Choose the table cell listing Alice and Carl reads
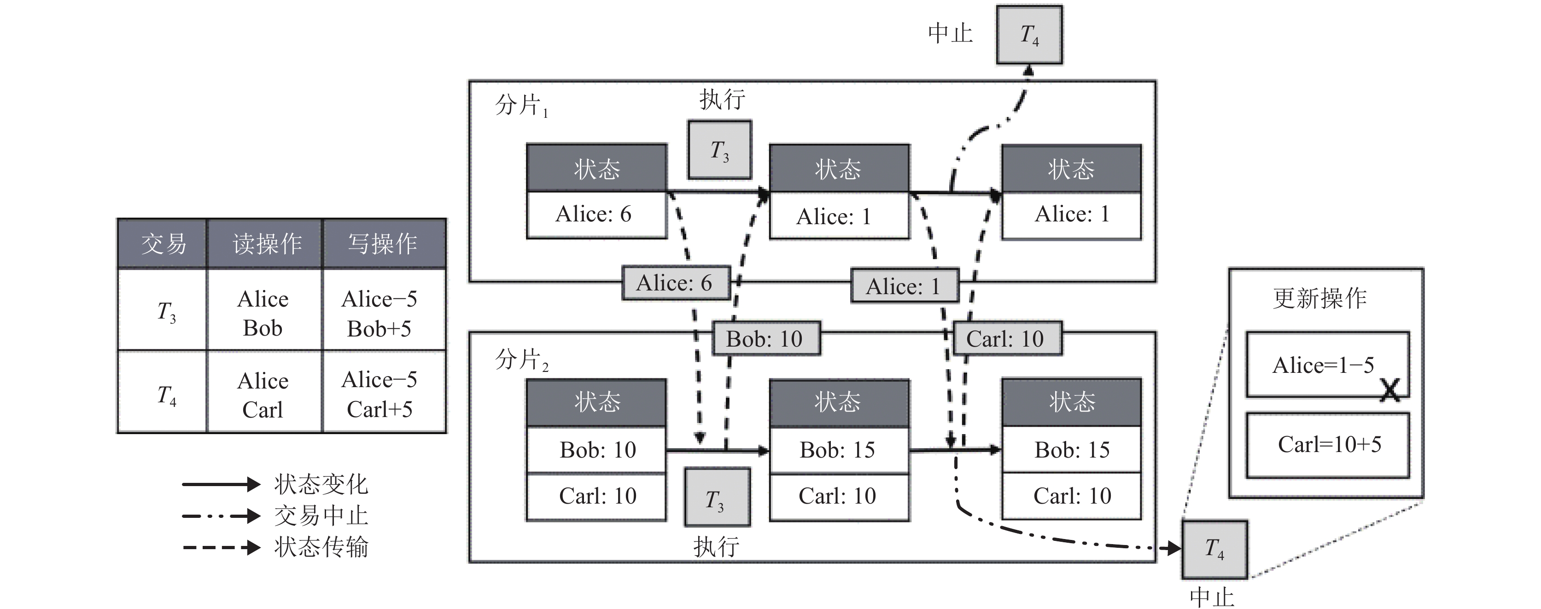click(x=263, y=394)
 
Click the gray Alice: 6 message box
click(x=675, y=283)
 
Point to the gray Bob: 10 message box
click(x=765, y=339)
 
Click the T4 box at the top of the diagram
click(x=1029, y=35)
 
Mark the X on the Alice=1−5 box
click(x=1391, y=390)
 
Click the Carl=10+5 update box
click(x=1328, y=445)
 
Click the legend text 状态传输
click(x=321, y=547)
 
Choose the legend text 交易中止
click(x=321, y=516)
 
